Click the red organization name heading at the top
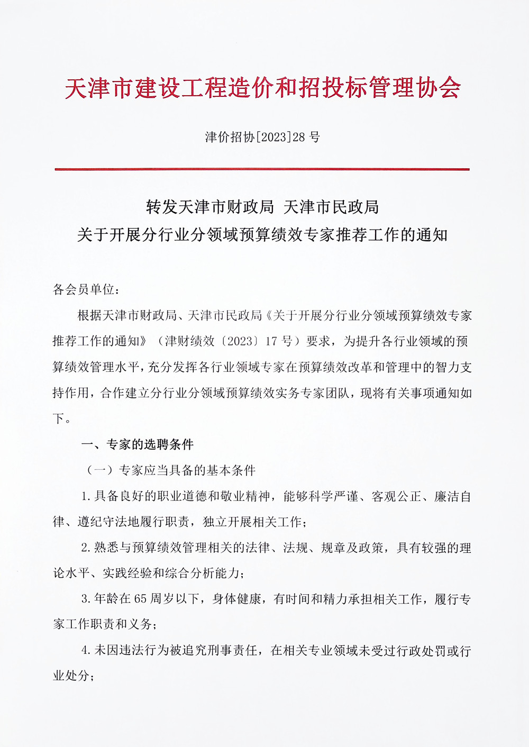(x=263, y=88)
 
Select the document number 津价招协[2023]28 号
(x=263, y=138)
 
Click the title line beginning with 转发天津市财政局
(x=262, y=207)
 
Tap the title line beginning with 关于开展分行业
(x=262, y=234)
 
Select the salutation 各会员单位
(x=86, y=289)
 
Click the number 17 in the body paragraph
(x=271, y=341)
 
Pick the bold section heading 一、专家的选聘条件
(x=137, y=444)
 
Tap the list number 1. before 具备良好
(x=86, y=497)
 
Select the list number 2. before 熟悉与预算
(x=86, y=548)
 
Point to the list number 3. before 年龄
(x=86, y=599)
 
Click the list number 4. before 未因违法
(x=86, y=651)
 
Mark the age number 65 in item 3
(x=140, y=599)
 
